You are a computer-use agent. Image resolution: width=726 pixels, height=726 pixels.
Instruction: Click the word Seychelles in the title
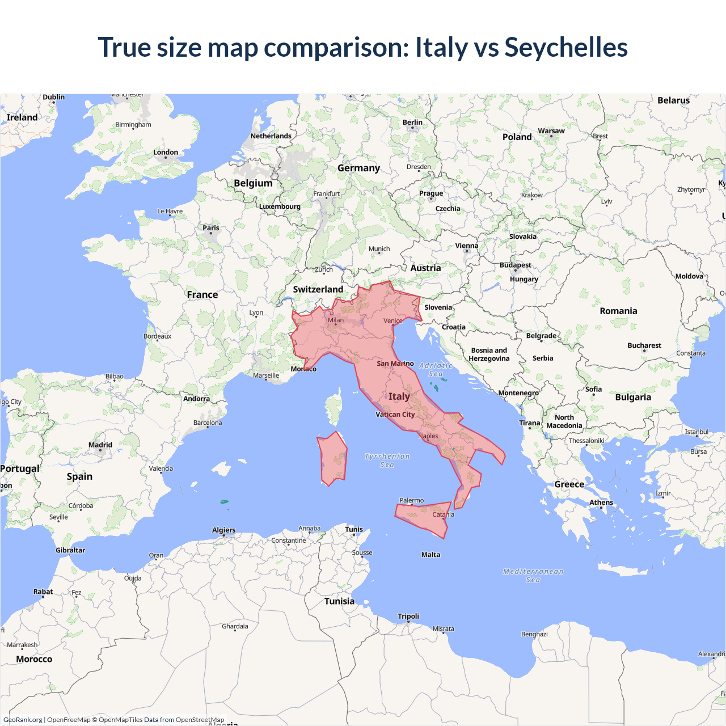point(566,48)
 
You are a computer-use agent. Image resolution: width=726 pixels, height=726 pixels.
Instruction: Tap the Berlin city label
point(412,123)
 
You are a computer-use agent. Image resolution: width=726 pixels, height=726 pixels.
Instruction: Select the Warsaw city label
point(551,131)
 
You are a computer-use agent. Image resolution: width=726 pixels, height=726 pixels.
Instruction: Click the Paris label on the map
point(211,228)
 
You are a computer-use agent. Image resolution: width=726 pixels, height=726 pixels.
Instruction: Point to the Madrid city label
point(100,445)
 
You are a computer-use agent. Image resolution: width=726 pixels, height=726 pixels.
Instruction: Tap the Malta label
point(430,555)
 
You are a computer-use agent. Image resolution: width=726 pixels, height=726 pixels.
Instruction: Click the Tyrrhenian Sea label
point(387,461)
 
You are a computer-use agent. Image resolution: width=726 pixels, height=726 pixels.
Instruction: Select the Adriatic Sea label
point(436,370)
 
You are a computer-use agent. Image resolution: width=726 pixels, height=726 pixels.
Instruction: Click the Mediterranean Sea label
point(533,576)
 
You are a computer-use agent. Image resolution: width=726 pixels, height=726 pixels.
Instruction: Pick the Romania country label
point(618,311)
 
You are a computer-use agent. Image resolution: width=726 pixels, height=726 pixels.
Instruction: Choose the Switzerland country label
point(318,289)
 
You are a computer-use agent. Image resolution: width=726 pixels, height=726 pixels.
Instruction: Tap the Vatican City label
point(395,415)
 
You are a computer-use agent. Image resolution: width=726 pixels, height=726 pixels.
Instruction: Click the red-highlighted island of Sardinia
point(333,458)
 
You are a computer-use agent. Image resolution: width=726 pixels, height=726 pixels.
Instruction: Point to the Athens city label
point(601,503)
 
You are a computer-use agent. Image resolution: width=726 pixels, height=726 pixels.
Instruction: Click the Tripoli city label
point(408,617)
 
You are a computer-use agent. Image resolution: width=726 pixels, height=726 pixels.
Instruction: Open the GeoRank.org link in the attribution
point(23,720)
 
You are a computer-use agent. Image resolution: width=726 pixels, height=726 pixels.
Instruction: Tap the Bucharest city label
point(644,345)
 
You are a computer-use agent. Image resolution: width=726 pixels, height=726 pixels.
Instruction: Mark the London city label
point(166,153)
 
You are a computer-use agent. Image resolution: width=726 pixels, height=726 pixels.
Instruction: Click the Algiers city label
point(223,530)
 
